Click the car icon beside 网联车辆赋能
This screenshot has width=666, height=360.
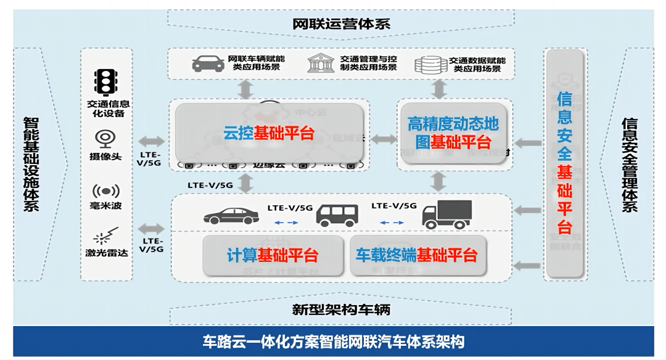(x=208, y=64)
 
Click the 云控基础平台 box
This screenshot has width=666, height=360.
(x=269, y=133)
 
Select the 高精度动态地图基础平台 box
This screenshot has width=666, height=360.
(x=453, y=133)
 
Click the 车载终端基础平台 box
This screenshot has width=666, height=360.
(x=416, y=255)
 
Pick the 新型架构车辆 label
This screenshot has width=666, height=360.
(x=341, y=309)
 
